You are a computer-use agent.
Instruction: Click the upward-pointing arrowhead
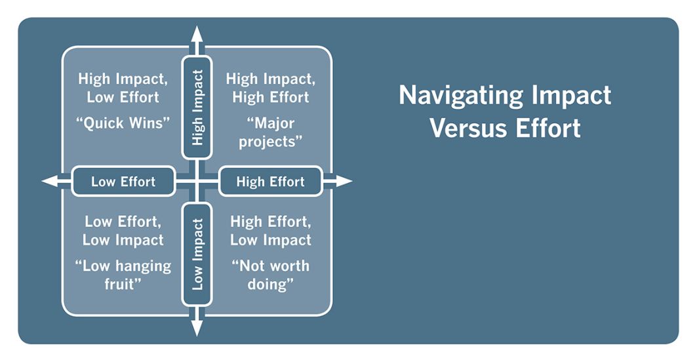(197, 34)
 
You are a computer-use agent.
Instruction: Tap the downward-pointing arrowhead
(197, 328)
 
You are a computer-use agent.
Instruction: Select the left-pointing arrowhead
(50, 181)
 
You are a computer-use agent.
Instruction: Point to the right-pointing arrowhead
(344, 181)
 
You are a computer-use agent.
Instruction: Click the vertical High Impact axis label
(197, 108)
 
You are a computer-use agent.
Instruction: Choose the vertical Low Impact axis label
(197, 254)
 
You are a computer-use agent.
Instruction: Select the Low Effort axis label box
(123, 182)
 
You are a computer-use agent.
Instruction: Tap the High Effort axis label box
(270, 182)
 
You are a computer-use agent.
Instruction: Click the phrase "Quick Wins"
(123, 123)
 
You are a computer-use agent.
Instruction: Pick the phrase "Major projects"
(271, 132)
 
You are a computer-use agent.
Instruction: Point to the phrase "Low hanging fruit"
(123, 275)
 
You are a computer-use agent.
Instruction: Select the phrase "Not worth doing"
(271, 275)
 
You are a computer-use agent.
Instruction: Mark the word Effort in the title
(548, 128)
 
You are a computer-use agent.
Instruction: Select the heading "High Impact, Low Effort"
(123, 88)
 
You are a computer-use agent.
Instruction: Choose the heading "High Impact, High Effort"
(271, 88)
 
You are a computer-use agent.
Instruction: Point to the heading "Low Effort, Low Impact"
(123, 231)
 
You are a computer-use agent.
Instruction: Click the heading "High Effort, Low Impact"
(271, 231)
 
